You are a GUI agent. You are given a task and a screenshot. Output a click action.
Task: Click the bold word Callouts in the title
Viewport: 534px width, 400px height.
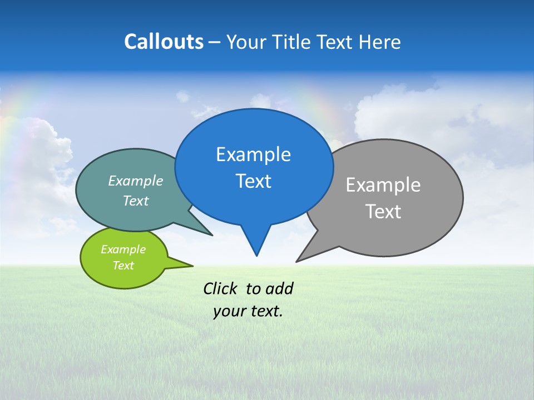[x=164, y=42]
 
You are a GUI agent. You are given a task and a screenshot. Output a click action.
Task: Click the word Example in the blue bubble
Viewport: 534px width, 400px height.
[x=253, y=154]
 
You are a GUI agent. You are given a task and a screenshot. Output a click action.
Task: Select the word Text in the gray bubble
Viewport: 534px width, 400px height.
[x=384, y=212]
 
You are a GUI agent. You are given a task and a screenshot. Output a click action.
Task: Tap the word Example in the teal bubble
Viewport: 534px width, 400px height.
[x=136, y=181]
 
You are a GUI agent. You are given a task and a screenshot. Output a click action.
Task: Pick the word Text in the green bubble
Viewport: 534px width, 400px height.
[x=123, y=266]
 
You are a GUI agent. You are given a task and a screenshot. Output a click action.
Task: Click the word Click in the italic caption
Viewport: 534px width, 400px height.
[x=220, y=288]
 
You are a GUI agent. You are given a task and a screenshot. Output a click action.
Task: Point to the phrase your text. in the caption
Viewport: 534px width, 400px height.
[x=248, y=311]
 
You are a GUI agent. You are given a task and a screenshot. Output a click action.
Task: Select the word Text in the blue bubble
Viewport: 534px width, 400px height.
[x=253, y=181]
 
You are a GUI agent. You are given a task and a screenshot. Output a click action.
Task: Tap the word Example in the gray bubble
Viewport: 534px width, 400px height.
[x=383, y=185]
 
